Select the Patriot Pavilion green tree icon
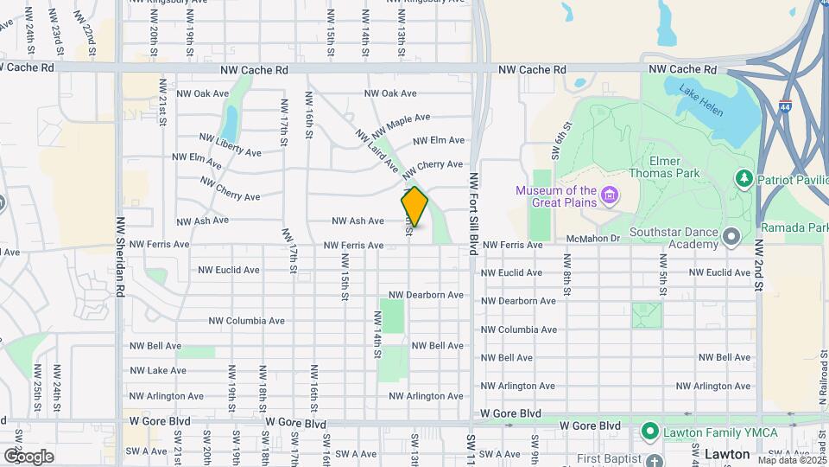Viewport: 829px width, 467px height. tap(743, 178)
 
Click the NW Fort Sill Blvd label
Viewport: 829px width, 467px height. tap(473, 212)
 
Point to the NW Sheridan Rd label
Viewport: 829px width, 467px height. tap(120, 257)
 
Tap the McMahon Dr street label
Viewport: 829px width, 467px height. tap(594, 238)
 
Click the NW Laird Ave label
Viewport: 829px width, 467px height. tap(376, 149)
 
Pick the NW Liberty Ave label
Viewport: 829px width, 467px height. tap(230, 145)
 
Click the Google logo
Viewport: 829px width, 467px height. tap(28, 456)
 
